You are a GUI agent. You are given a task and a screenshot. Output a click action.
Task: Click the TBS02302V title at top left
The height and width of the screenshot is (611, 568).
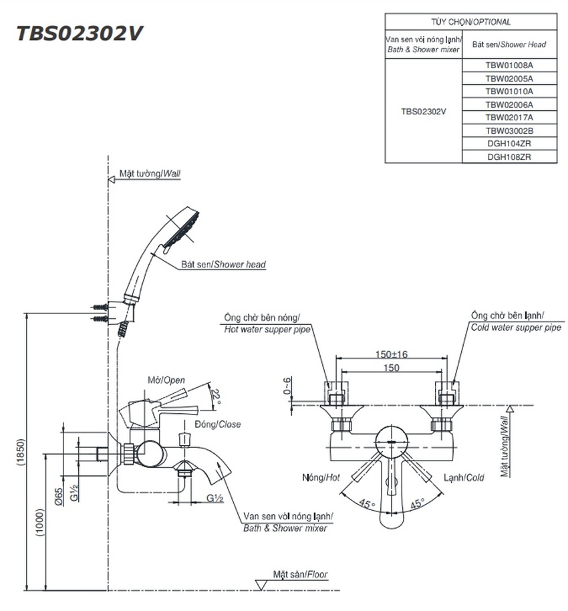click(x=79, y=33)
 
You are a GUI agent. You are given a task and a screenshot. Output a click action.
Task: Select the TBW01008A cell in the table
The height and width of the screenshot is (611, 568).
click(x=509, y=66)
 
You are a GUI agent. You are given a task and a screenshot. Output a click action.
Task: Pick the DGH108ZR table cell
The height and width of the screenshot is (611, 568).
click(x=509, y=157)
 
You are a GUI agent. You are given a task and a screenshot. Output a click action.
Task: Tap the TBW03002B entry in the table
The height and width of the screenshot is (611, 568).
click(x=509, y=131)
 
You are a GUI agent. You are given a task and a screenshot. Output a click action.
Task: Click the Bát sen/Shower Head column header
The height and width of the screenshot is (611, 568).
click(x=509, y=45)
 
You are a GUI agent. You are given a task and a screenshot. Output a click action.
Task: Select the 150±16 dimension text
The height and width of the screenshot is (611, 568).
click(x=391, y=354)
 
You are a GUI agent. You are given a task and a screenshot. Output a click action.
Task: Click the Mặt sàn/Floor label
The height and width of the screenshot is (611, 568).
click(x=300, y=574)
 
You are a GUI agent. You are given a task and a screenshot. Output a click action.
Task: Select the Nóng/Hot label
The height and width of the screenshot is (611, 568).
click(x=321, y=477)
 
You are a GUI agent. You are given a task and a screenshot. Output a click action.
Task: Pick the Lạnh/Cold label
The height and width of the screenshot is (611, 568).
click(x=464, y=477)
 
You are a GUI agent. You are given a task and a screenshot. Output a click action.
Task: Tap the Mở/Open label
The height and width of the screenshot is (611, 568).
click(x=166, y=380)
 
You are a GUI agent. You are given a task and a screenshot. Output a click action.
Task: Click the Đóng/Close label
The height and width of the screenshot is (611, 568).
click(x=217, y=424)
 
